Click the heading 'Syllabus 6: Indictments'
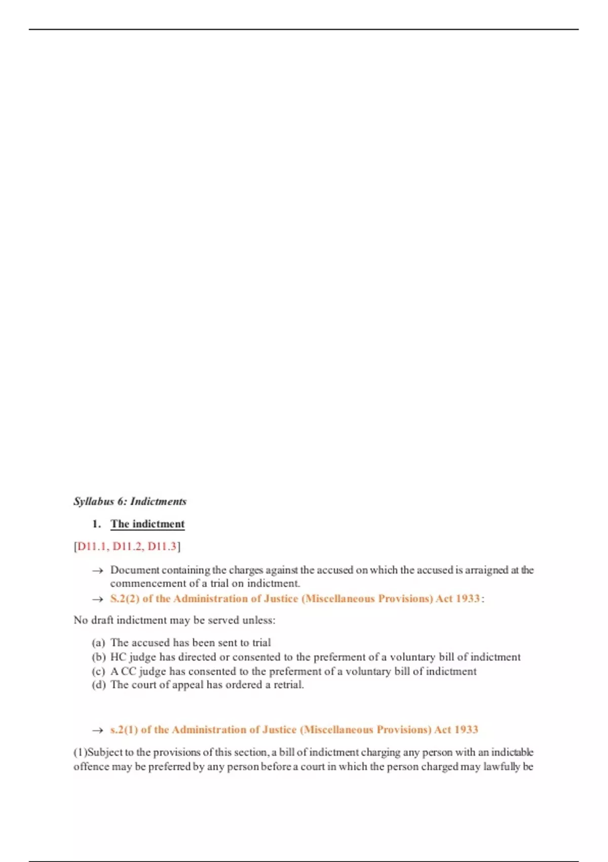(x=130, y=501)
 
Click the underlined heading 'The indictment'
(x=147, y=524)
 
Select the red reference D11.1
(x=92, y=546)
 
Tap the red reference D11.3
(x=162, y=546)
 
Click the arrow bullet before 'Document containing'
(x=97, y=571)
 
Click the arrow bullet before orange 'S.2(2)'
(x=97, y=599)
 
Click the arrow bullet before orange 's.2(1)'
(x=97, y=731)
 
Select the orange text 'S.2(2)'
(x=125, y=599)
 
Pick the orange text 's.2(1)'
(x=124, y=730)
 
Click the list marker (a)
(x=98, y=643)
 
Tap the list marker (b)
(x=98, y=657)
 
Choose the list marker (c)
(x=98, y=671)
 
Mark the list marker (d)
(x=98, y=685)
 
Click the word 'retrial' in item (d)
(x=288, y=685)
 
